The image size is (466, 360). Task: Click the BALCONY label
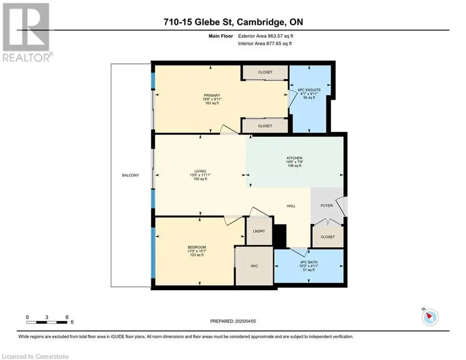[130, 175]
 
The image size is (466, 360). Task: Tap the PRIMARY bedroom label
[212, 96]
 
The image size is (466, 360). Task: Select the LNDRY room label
[259, 231]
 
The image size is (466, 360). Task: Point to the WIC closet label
[254, 266]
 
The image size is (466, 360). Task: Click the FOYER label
[326, 206]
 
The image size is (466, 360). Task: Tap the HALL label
[291, 206]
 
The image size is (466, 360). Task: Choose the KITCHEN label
[294, 158]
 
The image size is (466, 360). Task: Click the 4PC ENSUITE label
[309, 90]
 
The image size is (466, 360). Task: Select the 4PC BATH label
[309, 262]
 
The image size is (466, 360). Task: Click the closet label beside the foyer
[327, 237]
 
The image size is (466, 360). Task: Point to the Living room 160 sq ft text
[200, 179]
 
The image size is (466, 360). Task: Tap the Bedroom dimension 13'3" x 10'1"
[197, 251]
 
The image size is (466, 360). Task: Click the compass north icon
[430, 317]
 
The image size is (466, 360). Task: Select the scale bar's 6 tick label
[67, 317]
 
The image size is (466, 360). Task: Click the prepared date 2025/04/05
[245, 321]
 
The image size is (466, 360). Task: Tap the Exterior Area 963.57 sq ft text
[266, 36]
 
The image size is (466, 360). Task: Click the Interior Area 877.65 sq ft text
[265, 44]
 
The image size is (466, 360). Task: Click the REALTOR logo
[27, 32]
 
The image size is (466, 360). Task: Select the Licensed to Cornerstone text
[36, 356]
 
